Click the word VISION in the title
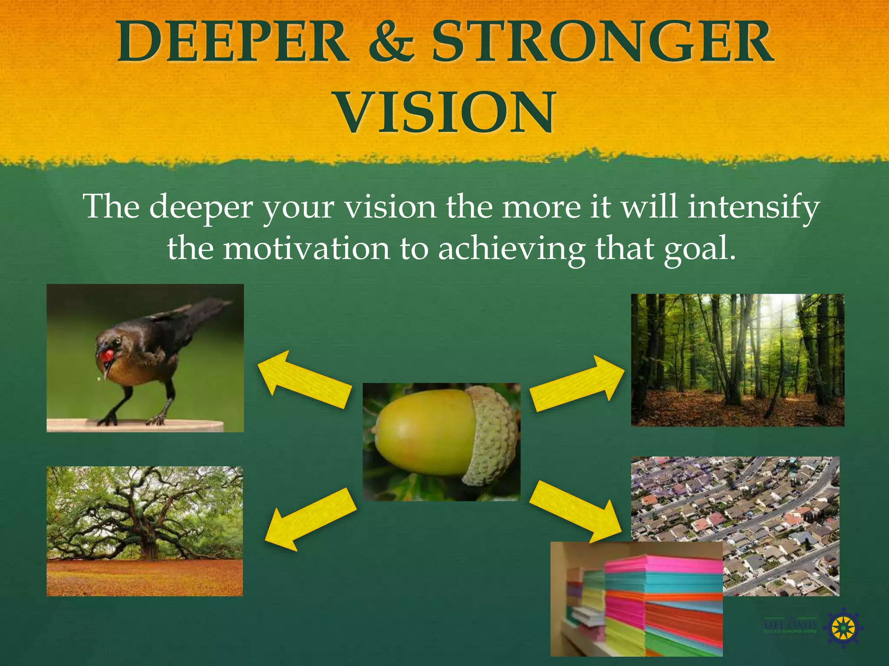[x=445, y=112]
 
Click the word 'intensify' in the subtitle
[x=754, y=207]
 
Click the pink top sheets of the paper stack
[x=664, y=564]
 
